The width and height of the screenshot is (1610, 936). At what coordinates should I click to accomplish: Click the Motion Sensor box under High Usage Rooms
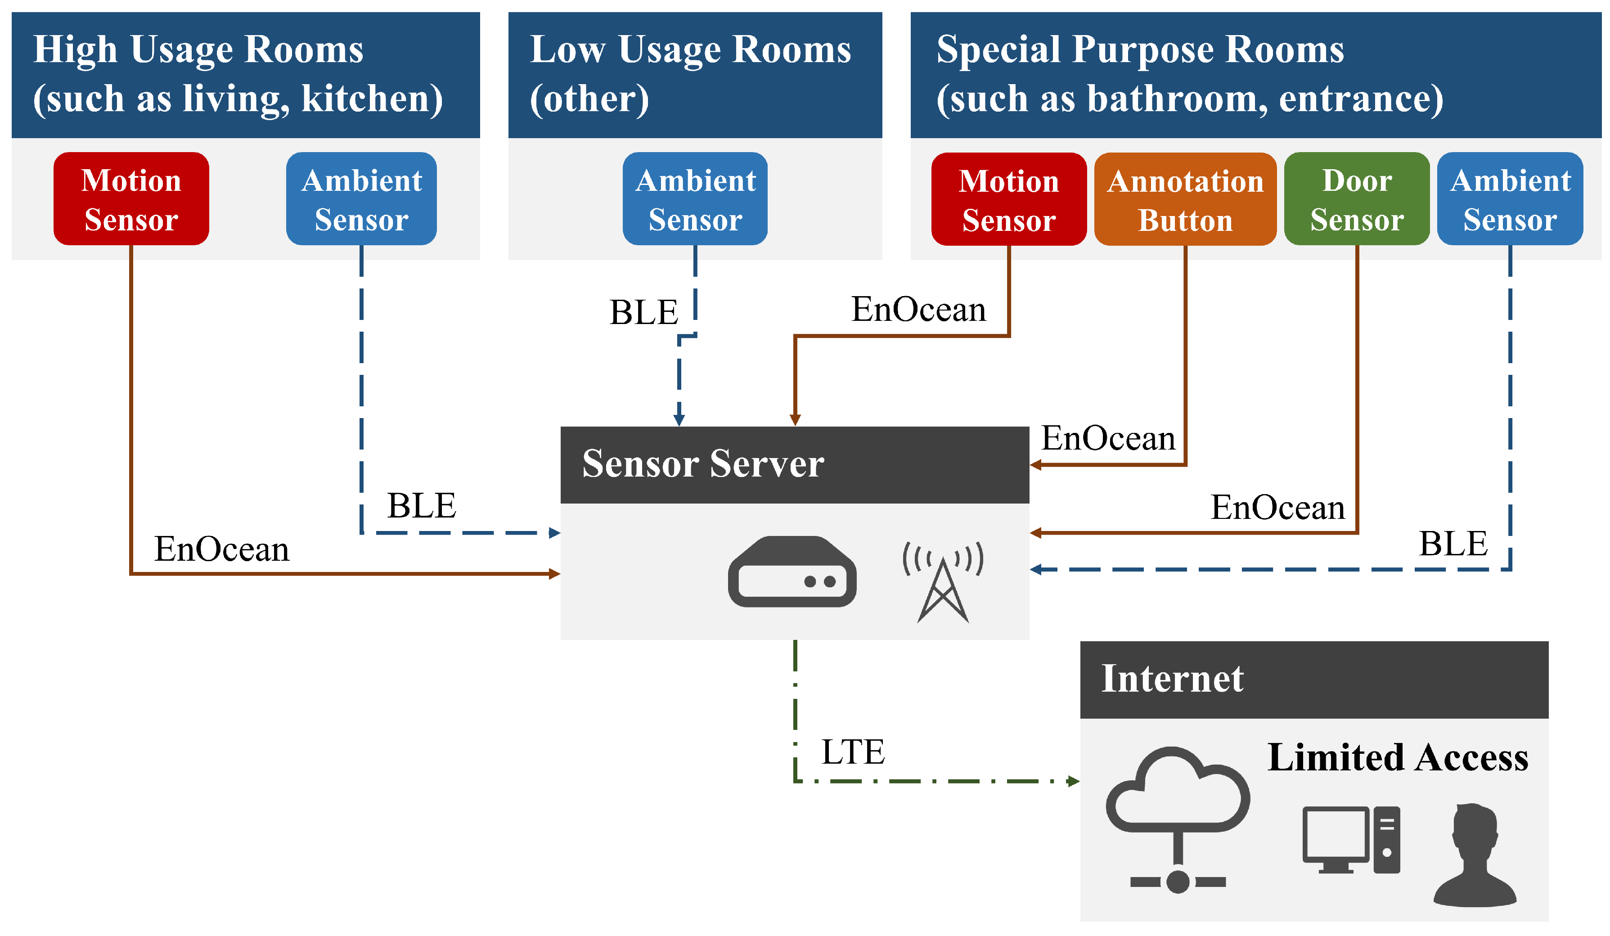pyautogui.click(x=131, y=199)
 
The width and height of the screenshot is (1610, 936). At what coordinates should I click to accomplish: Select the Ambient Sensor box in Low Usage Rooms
pyautogui.click(x=695, y=199)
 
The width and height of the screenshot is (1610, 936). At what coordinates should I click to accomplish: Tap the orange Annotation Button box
pyautogui.click(x=1185, y=199)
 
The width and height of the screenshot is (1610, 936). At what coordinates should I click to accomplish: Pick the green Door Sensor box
pyautogui.click(x=1356, y=199)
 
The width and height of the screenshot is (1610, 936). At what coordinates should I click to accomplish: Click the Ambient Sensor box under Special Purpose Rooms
pyautogui.click(x=1510, y=199)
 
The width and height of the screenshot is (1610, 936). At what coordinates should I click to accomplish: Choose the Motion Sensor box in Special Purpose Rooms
pyautogui.click(x=1009, y=199)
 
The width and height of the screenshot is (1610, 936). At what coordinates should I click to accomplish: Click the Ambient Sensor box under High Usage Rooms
pyautogui.click(x=362, y=199)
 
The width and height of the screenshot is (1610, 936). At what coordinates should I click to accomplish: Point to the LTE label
pyautogui.click(x=853, y=751)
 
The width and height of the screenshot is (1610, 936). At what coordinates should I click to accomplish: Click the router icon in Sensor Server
pyautogui.click(x=792, y=572)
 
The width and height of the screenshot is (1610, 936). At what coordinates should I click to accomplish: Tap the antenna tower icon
pyautogui.click(x=943, y=581)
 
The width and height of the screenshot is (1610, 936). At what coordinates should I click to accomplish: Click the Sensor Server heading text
pyautogui.click(x=703, y=464)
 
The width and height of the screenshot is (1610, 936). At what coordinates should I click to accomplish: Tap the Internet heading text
pyautogui.click(x=1172, y=679)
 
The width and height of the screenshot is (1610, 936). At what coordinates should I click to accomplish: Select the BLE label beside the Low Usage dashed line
pyautogui.click(x=643, y=312)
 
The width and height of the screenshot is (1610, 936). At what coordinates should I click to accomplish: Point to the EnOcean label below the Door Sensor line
pyautogui.click(x=1278, y=508)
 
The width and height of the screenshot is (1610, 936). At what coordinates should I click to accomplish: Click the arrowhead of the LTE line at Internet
pyautogui.click(x=1074, y=781)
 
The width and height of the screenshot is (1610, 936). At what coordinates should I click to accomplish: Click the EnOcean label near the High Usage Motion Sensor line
pyautogui.click(x=222, y=549)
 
